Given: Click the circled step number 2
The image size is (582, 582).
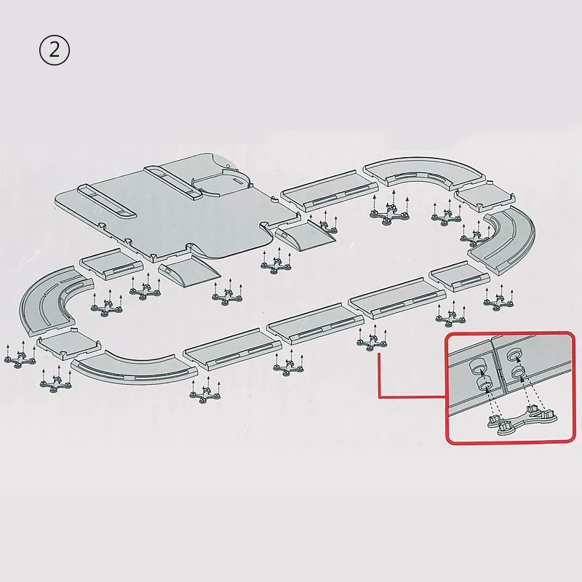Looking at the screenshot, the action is (54, 50).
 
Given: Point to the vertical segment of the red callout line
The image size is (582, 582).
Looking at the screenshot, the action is (379, 375).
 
